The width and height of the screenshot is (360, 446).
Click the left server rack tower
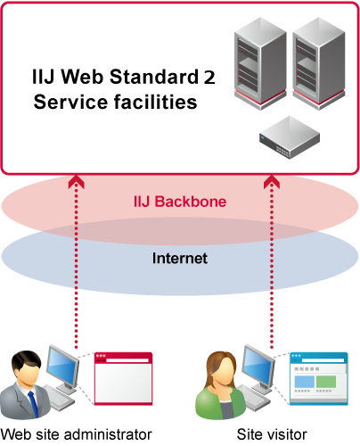(x=260, y=63)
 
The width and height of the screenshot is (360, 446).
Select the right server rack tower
(x=319, y=63)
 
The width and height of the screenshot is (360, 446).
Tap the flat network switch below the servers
(x=290, y=137)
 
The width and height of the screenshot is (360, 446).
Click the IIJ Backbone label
(x=180, y=202)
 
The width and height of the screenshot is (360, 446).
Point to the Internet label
(x=180, y=258)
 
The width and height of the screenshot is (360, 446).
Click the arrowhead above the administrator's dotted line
(x=77, y=181)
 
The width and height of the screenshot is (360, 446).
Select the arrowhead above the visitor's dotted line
(x=272, y=181)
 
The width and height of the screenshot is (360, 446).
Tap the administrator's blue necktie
(x=33, y=404)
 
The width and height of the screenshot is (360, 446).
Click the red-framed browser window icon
(x=123, y=378)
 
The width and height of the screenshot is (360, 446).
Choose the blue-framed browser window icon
(x=319, y=378)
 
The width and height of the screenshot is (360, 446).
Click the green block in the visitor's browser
(x=326, y=382)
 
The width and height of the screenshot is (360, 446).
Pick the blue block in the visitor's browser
(x=305, y=382)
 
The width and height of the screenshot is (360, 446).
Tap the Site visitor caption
(x=272, y=434)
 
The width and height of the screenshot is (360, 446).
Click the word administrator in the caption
(x=108, y=434)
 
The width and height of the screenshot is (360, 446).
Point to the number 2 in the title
(x=209, y=77)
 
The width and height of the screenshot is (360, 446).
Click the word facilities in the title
(x=155, y=102)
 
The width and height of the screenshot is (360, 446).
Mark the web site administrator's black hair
(x=26, y=359)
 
